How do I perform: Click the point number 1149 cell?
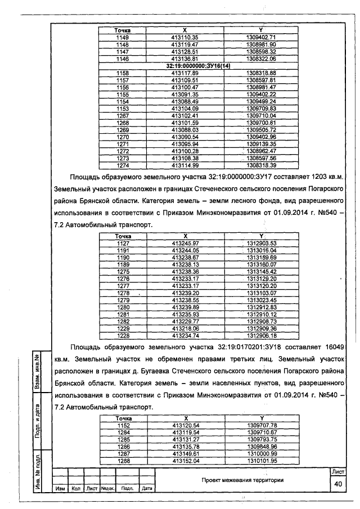coord(122,37)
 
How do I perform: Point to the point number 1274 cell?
coord(122,165)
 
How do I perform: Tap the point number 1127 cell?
coord(123,243)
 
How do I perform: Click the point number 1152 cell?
coord(122,425)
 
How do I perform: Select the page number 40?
coord(337,484)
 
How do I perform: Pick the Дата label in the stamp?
coord(147,488)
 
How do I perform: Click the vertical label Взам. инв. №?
coord(37,372)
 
